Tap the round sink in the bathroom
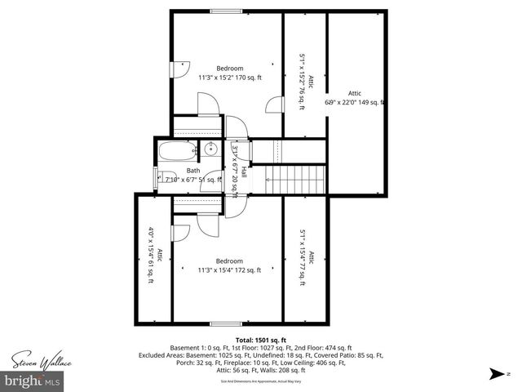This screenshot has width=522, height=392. (210, 149)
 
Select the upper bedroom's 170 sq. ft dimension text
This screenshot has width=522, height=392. (230, 78)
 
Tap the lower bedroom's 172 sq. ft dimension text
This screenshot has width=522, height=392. (230, 270)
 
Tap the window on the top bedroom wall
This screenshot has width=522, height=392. (225, 11)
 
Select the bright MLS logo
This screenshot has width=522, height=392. (33, 381)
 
